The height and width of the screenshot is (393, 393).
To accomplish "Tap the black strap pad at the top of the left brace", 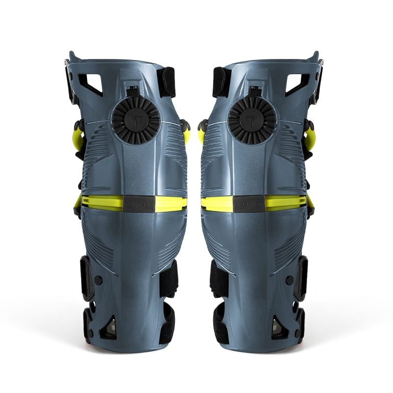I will click(168, 81).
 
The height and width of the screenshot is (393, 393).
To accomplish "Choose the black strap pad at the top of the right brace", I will click(219, 81).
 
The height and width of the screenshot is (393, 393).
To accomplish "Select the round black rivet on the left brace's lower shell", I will click(98, 280).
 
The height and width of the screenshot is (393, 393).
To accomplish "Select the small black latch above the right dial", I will click(255, 91).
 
